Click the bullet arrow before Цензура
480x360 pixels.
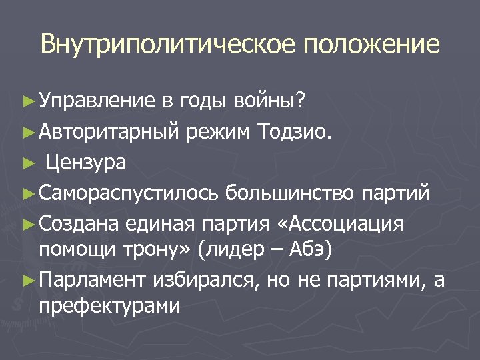[27, 163]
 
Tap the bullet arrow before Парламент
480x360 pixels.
[27, 281]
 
